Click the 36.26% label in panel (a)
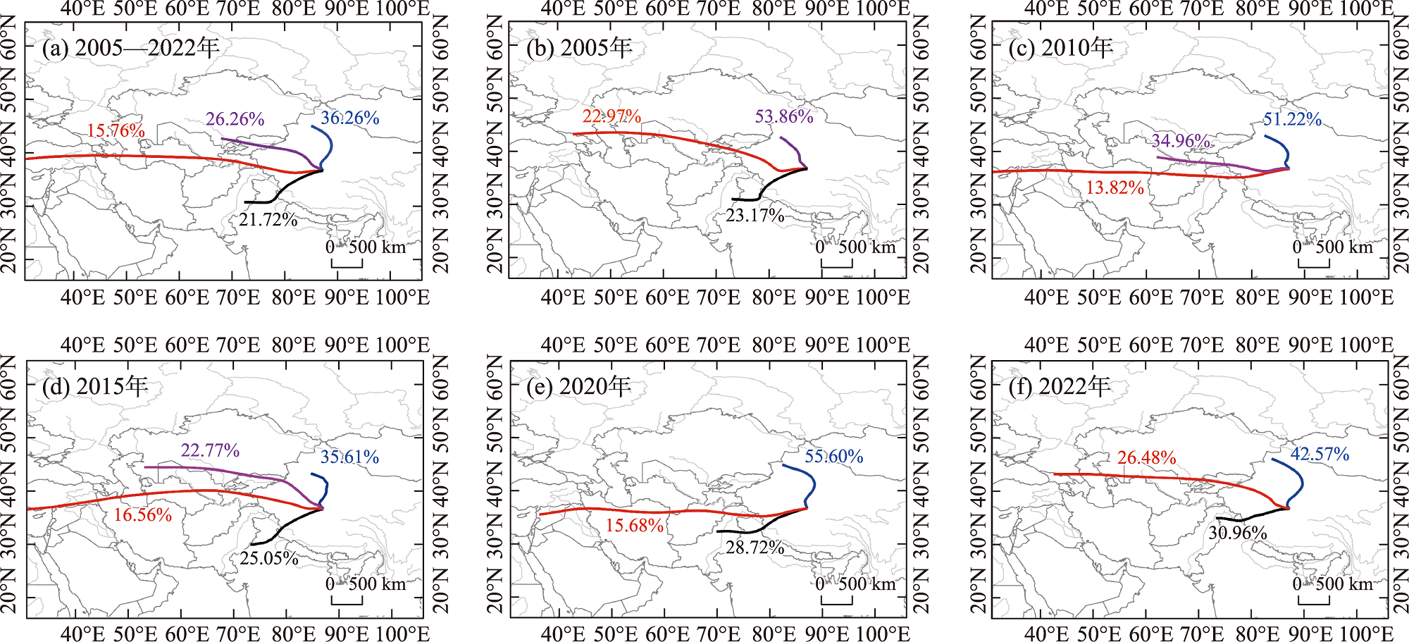point(349,118)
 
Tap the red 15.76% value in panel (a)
point(116,130)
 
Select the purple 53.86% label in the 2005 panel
point(784,116)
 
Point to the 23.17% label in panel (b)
point(755,215)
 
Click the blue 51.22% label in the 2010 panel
point(1292,119)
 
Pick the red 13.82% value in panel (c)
point(1115,187)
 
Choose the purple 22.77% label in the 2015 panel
point(210,450)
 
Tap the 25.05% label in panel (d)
point(269,558)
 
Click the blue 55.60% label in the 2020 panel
point(834,456)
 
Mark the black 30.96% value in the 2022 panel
point(1238,533)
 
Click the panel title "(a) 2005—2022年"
point(130,48)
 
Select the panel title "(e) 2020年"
point(578,386)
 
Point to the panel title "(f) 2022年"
point(1059,386)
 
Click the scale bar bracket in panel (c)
point(1314,264)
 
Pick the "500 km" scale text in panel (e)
point(867,584)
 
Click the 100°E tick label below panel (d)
point(402,634)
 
